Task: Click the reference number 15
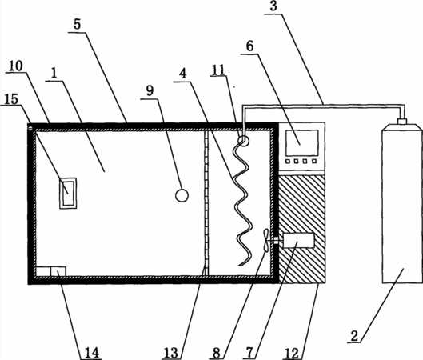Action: (11, 99)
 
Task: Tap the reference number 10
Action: (16, 66)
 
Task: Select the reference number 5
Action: (77, 24)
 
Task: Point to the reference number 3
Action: (273, 6)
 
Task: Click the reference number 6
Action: (249, 46)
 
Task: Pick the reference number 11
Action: (218, 70)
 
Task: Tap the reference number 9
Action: (150, 90)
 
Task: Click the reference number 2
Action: (354, 336)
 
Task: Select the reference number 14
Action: (92, 353)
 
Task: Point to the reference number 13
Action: (171, 353)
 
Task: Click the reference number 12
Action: (292, 353)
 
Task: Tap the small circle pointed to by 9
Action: (182, 195)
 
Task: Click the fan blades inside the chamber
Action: (265, 241)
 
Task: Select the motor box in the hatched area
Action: (298, 241)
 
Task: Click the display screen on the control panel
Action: (302, 142)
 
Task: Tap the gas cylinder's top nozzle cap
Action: (402, 121)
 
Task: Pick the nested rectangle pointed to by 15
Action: (68, 194)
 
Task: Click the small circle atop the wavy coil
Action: (243, 140)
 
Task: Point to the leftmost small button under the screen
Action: (288, 161)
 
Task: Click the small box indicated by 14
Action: (58, 271)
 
